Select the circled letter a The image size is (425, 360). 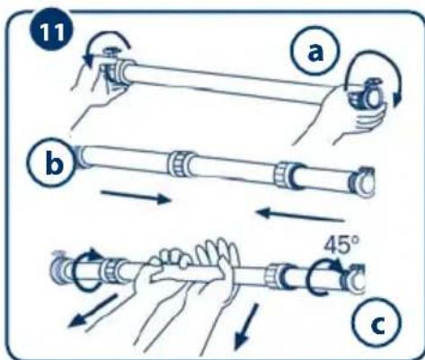[315, 51]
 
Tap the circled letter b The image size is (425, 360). [51, 162]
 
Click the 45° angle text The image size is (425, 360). [341, 245]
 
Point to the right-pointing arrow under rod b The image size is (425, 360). [136, 197]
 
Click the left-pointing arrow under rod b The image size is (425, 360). [300, 215]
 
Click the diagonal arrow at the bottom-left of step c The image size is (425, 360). [93, 312]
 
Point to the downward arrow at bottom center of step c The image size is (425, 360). [246, 326]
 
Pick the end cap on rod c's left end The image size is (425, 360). [58, 268]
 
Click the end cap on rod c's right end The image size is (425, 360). [356, 279]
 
